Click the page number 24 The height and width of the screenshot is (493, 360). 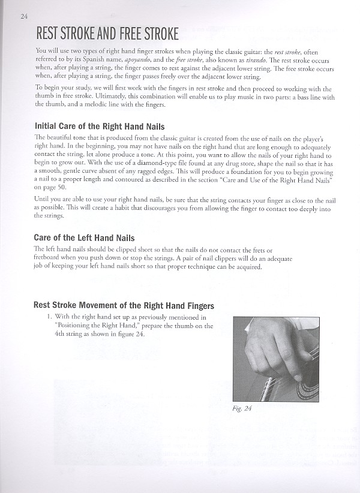[x=23, y=16]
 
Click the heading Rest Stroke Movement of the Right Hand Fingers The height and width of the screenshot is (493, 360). [x=124, y=305]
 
